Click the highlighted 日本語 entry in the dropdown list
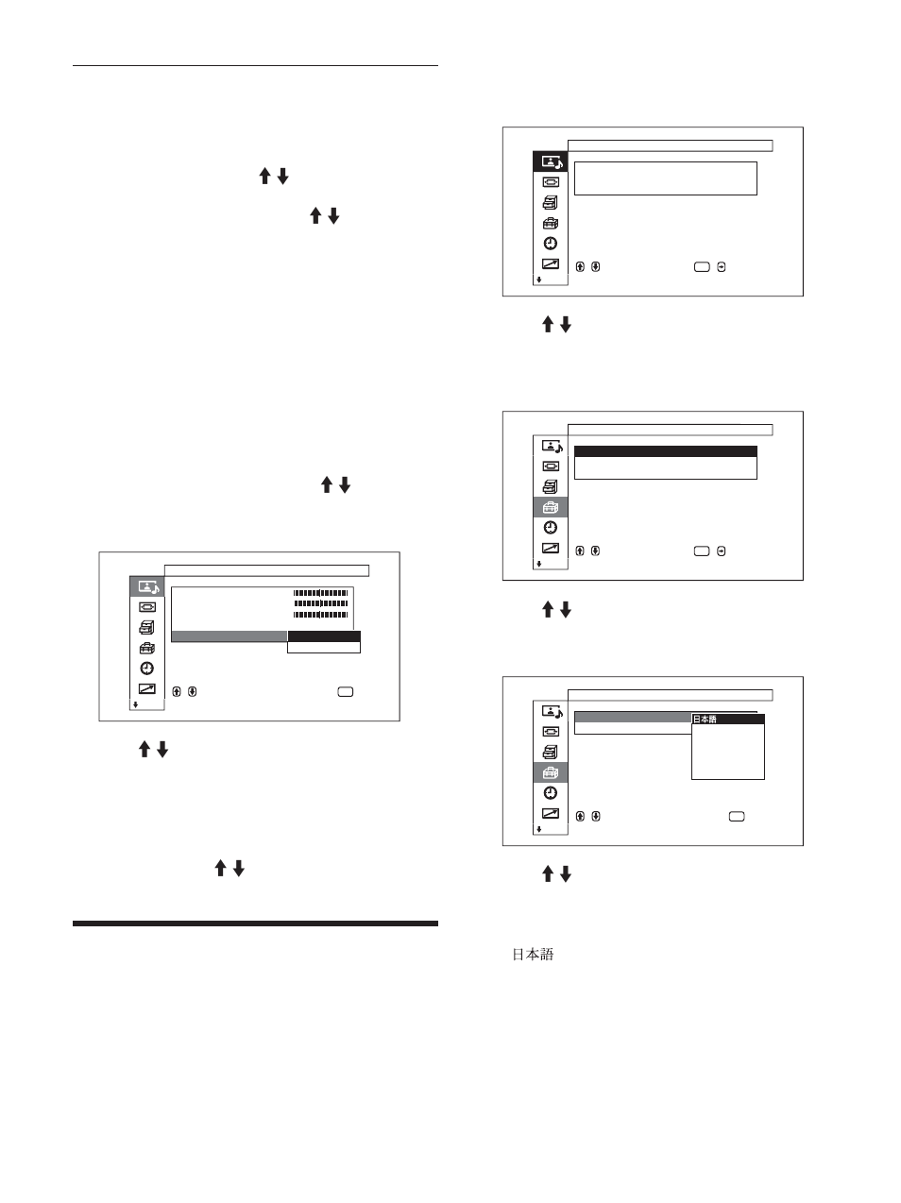[x=727, y=720]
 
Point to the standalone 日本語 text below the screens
[x=533, y=955]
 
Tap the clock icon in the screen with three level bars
[x=146, y=668]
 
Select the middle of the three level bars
[x=321, y=603]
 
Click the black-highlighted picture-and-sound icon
[x=550, y=161]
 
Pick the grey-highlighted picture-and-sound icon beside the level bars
[x=146, y=586]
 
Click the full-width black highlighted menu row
[x=665, y=451]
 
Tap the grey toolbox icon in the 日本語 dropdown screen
[x=551, y=772]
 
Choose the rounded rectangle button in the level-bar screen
[x=345, y=692]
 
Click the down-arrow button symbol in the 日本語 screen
[x=595, y=816]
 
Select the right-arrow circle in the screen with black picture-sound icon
[x=722, y=267]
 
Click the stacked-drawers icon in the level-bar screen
[x=146, y=627]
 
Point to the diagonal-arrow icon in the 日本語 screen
[x=551, y=813]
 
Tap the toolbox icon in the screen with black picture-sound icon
[x=550, y=224]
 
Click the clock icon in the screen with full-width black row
[x=551, y=528]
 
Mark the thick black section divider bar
[x=255, y=923]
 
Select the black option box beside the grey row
[x=323, y=637]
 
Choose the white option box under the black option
[x=323, y=648]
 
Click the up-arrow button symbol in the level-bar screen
[x=177, y=692]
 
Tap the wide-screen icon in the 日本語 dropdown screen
[x=551, y=732]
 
